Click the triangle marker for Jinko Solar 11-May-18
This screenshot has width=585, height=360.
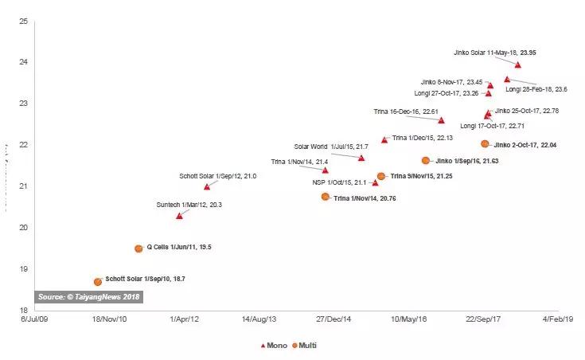[518, 65]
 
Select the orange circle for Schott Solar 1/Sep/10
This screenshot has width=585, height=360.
[98, 282]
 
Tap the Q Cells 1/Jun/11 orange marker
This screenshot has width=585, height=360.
[138, 248]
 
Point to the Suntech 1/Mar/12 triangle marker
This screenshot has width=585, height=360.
[179, 216]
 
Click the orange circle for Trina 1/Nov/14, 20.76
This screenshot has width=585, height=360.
[325, 197]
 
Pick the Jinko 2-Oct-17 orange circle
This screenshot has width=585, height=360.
[485, 144]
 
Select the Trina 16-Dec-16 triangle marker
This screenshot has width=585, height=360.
[441, 120]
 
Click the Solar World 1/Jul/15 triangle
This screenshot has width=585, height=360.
[361, 158]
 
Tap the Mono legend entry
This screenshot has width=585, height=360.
[274, 345]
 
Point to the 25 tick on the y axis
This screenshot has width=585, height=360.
[22, 21]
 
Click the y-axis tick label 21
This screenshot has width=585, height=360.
[22, 186]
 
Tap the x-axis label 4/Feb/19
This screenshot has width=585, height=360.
[557, 319]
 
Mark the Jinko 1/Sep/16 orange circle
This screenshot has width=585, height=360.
[426, 161]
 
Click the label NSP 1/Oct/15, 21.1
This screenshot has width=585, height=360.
[339, 182]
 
